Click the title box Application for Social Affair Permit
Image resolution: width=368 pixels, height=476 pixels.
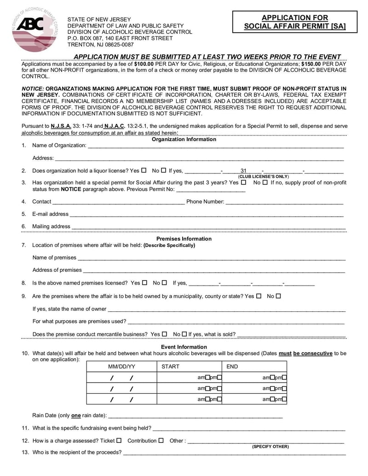[295, 22]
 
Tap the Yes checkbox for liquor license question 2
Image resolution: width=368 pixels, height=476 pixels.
[144, 171]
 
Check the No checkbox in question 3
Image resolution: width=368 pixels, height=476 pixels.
[265, 183]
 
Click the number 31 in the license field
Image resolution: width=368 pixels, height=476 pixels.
[244, 171]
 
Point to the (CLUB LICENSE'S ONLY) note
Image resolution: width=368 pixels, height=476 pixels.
[264, 177]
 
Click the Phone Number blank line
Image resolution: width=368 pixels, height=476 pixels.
[284, 201]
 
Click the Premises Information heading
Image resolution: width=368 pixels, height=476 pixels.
[184, 239]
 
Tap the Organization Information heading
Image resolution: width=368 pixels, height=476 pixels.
[184, 139]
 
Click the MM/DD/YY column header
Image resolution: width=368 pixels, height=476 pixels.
[121, 367]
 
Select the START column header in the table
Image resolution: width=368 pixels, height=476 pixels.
[170, 367]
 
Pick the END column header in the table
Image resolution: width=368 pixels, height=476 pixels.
[232, 367]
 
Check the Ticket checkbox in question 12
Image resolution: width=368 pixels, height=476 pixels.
[119, 440]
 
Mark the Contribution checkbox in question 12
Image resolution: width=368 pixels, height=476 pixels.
[161, 440]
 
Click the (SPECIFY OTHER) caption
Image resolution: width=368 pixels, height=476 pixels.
[270, 447]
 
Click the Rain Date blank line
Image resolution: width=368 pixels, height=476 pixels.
[195, 416]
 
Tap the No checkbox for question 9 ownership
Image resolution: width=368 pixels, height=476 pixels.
[278, 296]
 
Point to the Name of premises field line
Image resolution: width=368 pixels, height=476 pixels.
[211, 258]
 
